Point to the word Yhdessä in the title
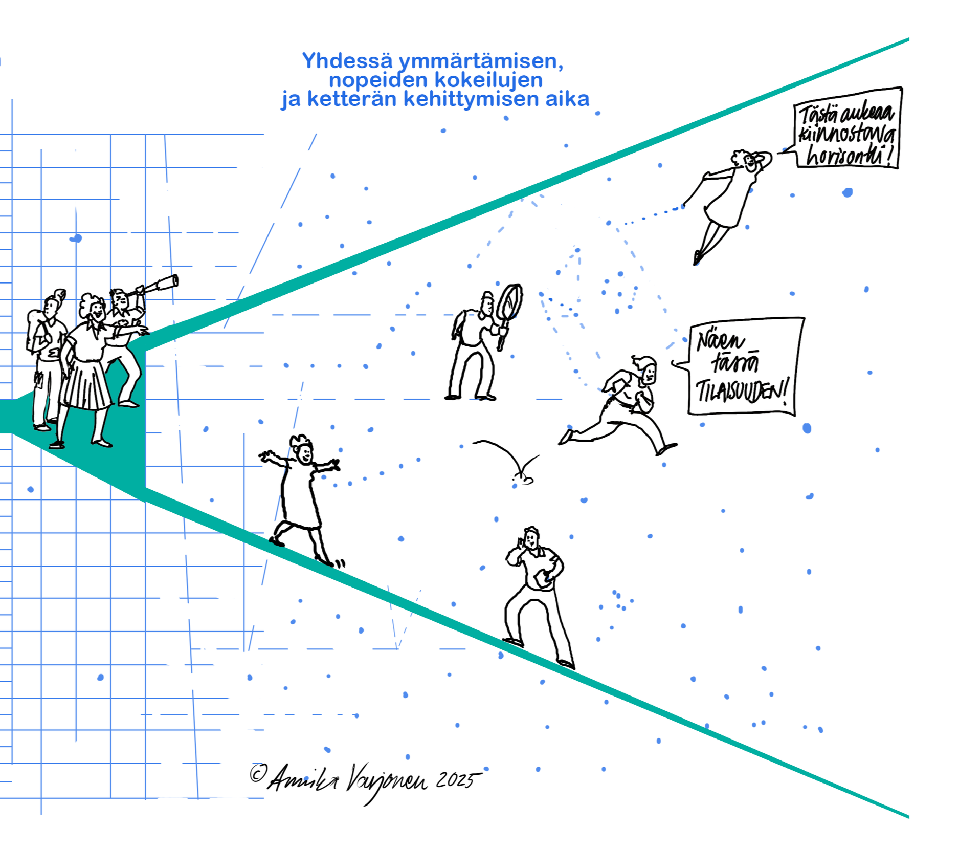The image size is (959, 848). pyautogui.click(x=347, y=61)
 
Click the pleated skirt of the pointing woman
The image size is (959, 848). pyautogui.click(x=86, y=384)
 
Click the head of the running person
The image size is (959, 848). pyautogui.click(x=648, y=369)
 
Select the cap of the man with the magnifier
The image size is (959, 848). pyautogui.click(x=487, y=296)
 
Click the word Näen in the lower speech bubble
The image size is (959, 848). pyautogui.click(x=720, y=341)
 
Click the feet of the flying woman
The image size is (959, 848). pyautogui.click(x=698, y=256)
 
